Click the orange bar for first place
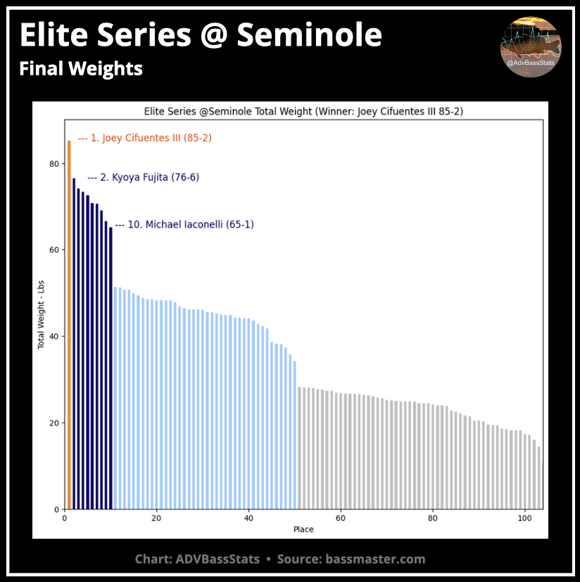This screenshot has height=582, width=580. click(x=69, y=324)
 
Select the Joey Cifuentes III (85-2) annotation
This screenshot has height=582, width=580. click(x=144, y=138)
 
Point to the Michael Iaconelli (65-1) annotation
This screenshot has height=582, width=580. click(x=184, y=225)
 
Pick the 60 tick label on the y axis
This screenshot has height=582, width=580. click(x=53, y=250)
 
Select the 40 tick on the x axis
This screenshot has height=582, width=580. click(x=248, y=518)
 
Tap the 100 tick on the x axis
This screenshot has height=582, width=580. click(x=524, y=518)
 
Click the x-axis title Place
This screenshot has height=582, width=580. click(x=303, y=529)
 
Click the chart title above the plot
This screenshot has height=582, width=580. click(x=303, y=111)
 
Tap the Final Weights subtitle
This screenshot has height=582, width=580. click(x=81, y=69)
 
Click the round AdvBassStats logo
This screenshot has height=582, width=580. click(x=531, y=47)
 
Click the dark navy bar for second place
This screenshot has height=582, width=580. click(x=74, y=344)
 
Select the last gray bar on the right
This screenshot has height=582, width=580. click(x=539, y=478)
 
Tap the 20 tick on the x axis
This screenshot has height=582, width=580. click(x=156, y=518)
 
